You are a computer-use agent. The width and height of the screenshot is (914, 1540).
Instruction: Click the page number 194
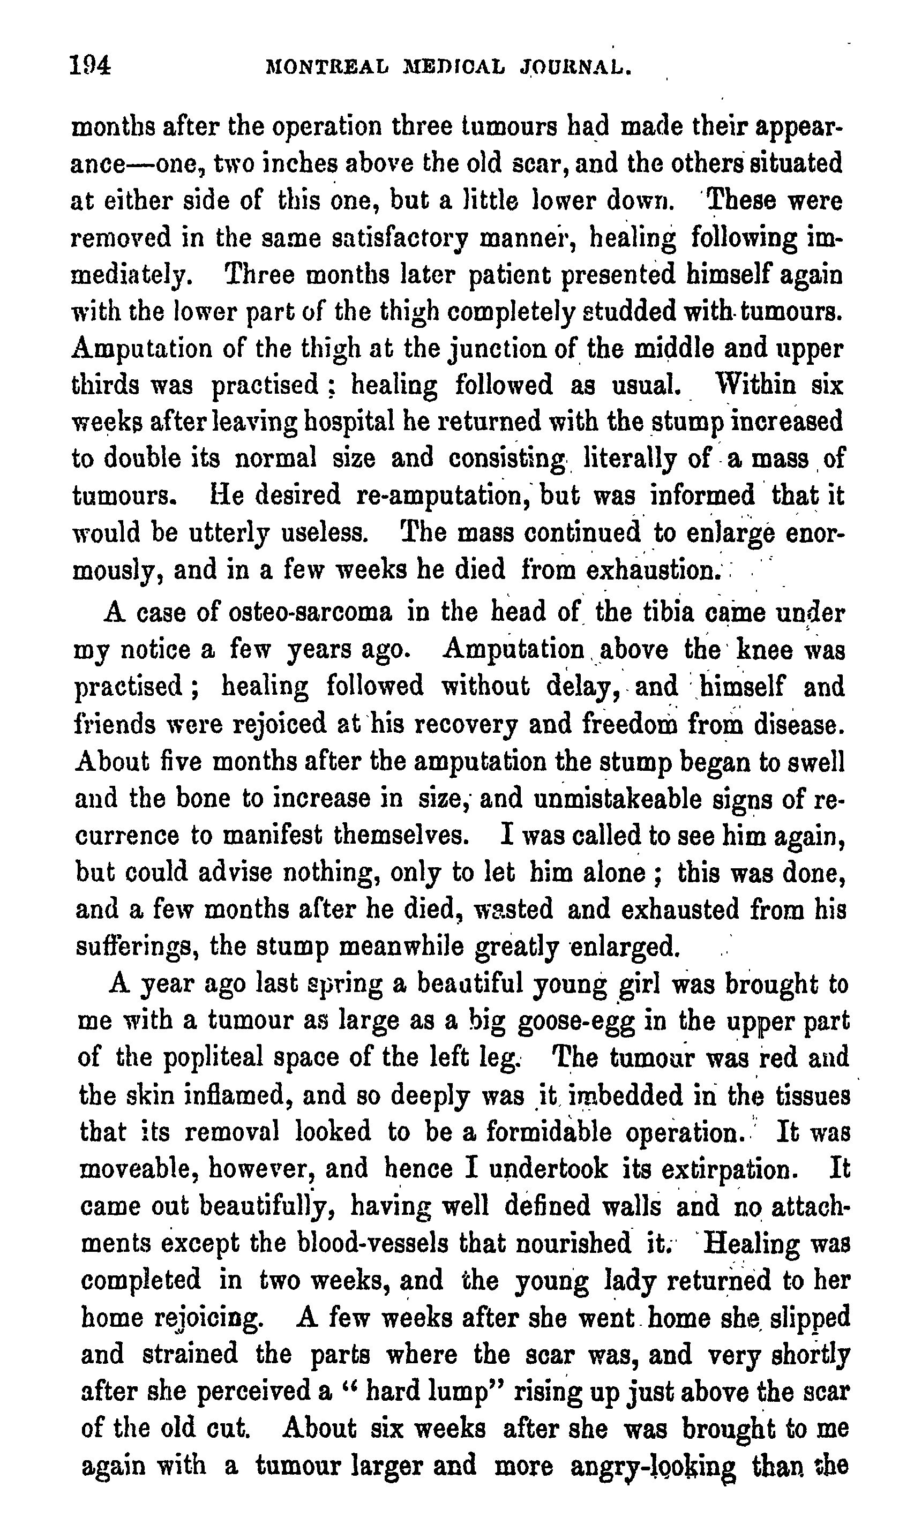click(x=90, y=65)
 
